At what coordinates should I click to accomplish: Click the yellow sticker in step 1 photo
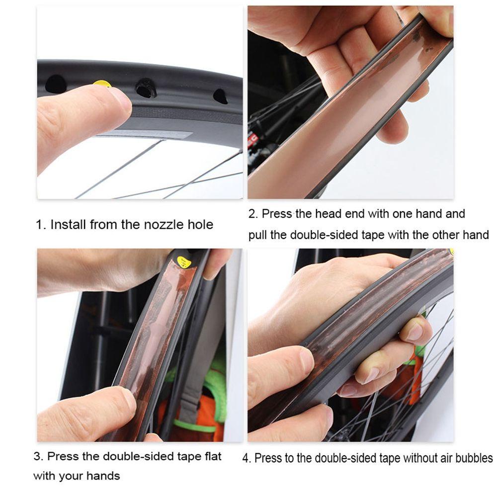[x=102, y=83]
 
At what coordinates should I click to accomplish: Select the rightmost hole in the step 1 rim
[x=220, y=96]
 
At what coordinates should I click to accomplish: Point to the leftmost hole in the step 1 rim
[x=55, y=84]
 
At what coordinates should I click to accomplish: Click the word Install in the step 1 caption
[x=68, y=225]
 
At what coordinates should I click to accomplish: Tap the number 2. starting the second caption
[x=253, y=214]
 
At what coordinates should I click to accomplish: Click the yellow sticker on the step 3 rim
[x=184, y=261]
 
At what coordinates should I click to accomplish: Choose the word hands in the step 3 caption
[x=104, y=476]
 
